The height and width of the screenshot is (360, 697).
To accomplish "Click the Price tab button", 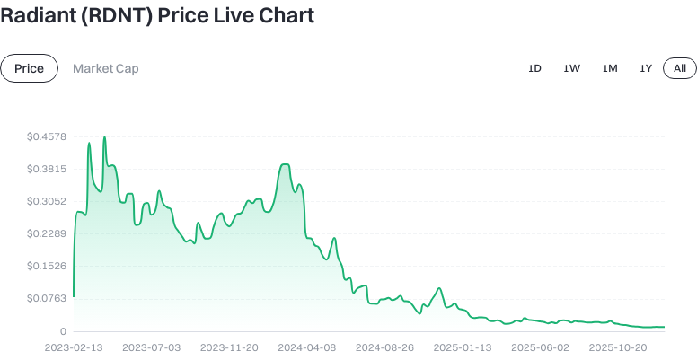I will (29, 68).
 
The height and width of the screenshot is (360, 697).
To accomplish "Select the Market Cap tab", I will (106, 68).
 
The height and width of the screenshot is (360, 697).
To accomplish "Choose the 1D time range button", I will (534, 68).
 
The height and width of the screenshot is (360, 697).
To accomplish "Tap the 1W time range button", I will (571, 68).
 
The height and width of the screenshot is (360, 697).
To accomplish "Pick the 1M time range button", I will (610, 68).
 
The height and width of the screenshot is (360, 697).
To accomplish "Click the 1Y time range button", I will (645, 68).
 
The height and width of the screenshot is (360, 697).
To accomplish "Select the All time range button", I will (680, 68).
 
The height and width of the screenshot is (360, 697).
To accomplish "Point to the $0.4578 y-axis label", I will (47, 136).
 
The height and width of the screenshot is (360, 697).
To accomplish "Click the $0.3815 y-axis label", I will (47, 169).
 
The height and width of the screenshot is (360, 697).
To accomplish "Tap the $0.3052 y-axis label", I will (47, 201).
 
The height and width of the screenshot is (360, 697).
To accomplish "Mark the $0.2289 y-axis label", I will (47, 233).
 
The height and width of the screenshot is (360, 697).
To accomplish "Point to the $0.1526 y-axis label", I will (47, 266).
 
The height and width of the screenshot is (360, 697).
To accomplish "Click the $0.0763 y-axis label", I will (47, 298).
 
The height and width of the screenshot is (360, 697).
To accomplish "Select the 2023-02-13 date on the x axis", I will (74, 347).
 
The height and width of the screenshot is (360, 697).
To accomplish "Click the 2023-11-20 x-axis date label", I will (229, 347).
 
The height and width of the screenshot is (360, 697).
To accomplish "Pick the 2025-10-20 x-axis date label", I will (618, 347).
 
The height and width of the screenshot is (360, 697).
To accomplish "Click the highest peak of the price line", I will (104, 137).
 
